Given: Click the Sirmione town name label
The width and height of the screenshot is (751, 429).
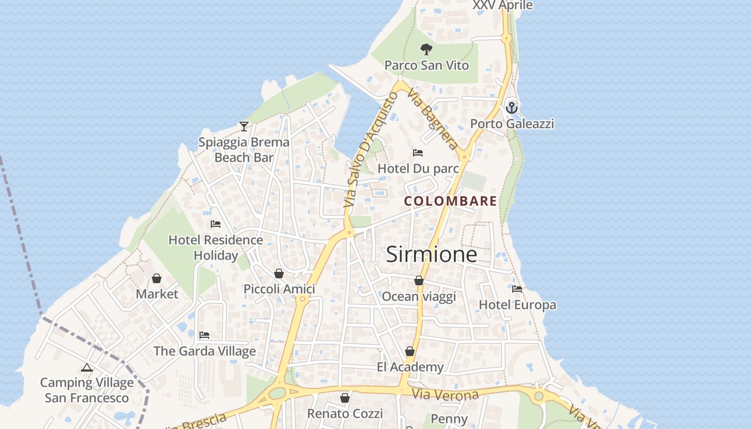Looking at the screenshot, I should pyautogui.click(x=431, y=254).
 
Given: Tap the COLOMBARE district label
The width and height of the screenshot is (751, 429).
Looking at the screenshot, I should pyautogui.click(x=451, y=202).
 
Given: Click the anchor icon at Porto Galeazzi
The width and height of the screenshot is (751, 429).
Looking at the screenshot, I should pyautogui.click(x=512, y=108).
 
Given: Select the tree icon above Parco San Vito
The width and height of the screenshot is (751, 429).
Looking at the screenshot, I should pyautogui.click(x=426, y=49).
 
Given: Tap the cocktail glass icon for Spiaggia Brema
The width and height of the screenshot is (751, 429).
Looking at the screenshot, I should pyautogui.click(x=244, y=127).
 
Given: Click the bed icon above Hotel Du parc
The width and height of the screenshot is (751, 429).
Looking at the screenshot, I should pyautogui.click(x=418, y=153).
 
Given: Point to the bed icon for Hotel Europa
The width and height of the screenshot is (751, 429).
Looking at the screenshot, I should pyautogui.click(x=517, y=289).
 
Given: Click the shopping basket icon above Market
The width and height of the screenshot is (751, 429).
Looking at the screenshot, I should pyautogui.click(x=157, y=278).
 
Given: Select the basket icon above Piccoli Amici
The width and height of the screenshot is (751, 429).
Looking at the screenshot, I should pyautogui.click(x=279, y=273).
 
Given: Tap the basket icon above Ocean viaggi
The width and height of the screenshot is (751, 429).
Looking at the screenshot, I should pyautogui.click(x=419, y=280).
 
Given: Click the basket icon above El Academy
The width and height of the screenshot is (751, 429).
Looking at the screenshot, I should pyautogui.click(x=410, y=351).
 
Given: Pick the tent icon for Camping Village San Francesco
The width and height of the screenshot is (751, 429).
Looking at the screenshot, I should pyautogui.click(x=87, y=368).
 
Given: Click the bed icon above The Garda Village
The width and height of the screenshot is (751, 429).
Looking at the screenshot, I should pyautogui.click(x=204, y=335).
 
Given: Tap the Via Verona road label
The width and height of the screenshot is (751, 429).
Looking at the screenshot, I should pyautogui.click(x=445, y=395).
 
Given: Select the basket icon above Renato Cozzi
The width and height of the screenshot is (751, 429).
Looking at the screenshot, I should pyautogui.click(x=345, y=398).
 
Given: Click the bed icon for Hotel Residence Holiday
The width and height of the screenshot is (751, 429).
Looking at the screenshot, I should pyautogui.click(x=216, y=224).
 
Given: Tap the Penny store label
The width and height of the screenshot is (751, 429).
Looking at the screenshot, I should pyautogui.click(x=450, y=419).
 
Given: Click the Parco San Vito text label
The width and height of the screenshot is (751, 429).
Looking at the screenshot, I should pyautogui.click(x=426, y=65).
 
